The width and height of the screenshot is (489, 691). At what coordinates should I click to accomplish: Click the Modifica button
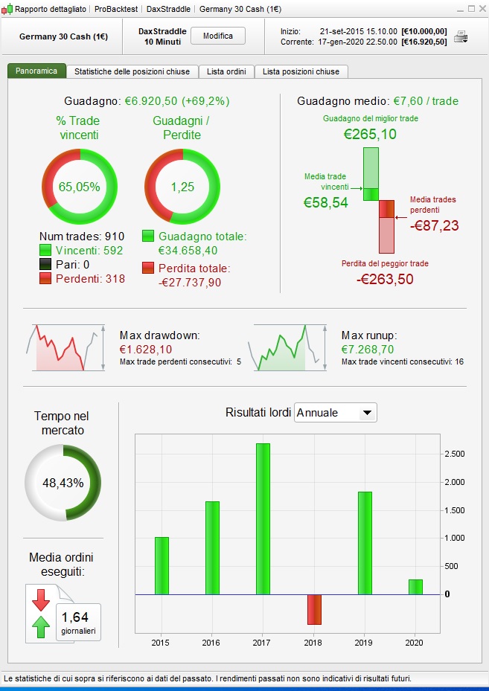[218, 36]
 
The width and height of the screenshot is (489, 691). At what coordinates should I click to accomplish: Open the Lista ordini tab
[225, 71]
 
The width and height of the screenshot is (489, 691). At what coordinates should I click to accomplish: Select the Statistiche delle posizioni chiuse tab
[131, 71]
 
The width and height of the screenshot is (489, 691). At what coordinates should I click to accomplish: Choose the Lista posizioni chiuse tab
[301, 71]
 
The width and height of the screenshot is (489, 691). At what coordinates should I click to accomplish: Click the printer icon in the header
[461, 36]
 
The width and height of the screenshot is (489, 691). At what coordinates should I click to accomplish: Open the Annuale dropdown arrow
[366, 413]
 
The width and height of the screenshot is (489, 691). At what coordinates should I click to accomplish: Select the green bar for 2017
[263, 518]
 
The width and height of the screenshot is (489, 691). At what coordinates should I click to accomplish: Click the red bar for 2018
[313, 608]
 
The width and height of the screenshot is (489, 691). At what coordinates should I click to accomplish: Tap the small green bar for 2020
[415, 587]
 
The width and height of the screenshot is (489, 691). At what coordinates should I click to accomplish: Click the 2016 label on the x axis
[212, 642]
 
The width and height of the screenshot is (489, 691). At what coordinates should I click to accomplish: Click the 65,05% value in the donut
[79, 187]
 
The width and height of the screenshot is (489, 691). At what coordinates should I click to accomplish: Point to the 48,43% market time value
[63, 483]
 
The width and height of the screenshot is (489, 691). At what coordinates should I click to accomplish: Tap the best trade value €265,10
[370, 134]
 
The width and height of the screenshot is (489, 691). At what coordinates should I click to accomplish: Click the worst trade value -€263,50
[385, 279]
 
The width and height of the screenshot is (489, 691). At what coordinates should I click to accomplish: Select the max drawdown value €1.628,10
[146, 349]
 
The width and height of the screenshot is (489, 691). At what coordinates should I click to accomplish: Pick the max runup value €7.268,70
[368, 349]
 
